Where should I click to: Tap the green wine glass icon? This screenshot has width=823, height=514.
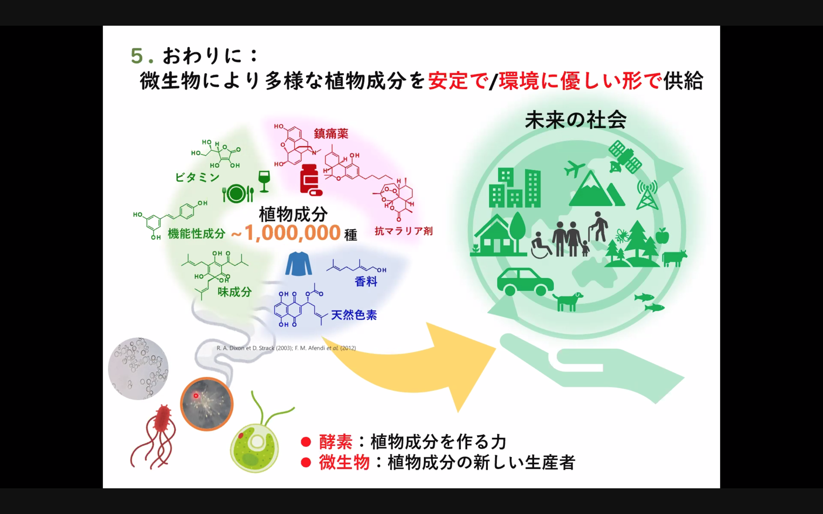click(264, 181)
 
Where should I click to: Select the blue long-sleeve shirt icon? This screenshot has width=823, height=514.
click(299, 263)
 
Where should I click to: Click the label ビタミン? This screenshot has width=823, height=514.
click(197, 177)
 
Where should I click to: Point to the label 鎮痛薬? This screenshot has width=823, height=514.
click(331, 134)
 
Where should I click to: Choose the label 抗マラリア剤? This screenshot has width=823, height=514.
click(404, 231)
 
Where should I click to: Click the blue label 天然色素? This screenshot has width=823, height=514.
click(354, 315)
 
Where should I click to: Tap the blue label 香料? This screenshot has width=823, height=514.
click(366, 281)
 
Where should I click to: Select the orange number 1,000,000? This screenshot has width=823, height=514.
click(293, 233)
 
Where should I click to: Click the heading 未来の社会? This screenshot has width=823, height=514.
click(575, 120)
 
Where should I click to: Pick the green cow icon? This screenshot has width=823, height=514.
click(674, 258)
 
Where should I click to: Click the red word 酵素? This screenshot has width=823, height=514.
click(336, 442)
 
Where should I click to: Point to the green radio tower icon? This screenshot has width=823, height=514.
click(647, 195)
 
